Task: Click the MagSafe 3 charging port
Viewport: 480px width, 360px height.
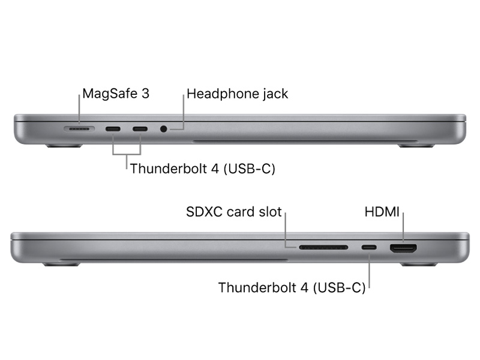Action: click(79, 128)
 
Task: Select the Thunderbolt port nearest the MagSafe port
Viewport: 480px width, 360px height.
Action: click(113, 128)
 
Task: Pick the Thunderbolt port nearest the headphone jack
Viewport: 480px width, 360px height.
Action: click(140, 128)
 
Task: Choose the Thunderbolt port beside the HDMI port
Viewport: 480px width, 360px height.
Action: click(369, 247)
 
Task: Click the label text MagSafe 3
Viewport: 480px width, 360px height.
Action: click(115, 94)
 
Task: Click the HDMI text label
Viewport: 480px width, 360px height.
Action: click(383, 212)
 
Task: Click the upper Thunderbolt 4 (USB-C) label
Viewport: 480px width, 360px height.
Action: click(203, 168)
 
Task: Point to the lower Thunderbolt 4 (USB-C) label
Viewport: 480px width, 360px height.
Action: click(292, 287)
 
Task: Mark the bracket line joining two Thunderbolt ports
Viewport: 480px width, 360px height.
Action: click(126, 154)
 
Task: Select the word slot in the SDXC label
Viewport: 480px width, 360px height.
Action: click(269, 212)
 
